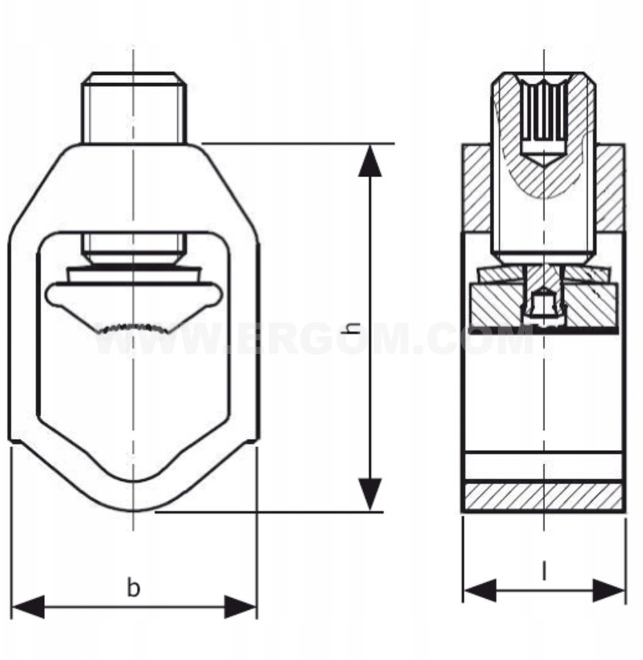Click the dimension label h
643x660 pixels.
352,327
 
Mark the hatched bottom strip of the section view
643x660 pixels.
543,496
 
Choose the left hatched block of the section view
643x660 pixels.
477,188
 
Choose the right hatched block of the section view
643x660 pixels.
609,188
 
